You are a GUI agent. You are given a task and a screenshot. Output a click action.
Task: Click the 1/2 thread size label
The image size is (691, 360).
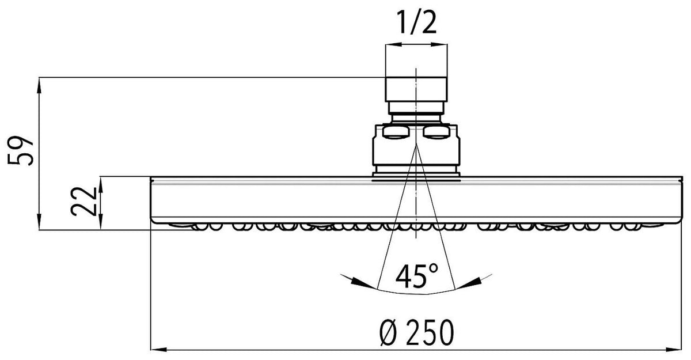pos(416,22)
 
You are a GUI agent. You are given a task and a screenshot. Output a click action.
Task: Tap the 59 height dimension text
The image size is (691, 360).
pos(20,150)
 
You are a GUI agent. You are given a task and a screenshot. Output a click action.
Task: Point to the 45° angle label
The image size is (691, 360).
pos(417,276)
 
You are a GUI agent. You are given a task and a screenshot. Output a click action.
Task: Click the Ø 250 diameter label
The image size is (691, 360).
pos(417,333)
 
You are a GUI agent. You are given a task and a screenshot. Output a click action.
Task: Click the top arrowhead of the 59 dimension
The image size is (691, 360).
pos(39,85)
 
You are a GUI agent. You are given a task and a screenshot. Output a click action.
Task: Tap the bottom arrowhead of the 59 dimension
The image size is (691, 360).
pos(39,222)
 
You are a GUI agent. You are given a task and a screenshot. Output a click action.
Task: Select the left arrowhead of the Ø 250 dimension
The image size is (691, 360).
pos(159,350)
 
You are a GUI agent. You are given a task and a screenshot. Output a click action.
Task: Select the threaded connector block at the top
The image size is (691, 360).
pos(416,89)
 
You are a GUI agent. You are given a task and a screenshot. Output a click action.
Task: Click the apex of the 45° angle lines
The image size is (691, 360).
pos(416,144)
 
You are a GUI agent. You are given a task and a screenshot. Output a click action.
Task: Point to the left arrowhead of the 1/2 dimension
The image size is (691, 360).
pos(393,45)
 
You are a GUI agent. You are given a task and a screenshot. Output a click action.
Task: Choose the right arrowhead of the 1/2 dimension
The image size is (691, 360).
pos(439,45)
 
